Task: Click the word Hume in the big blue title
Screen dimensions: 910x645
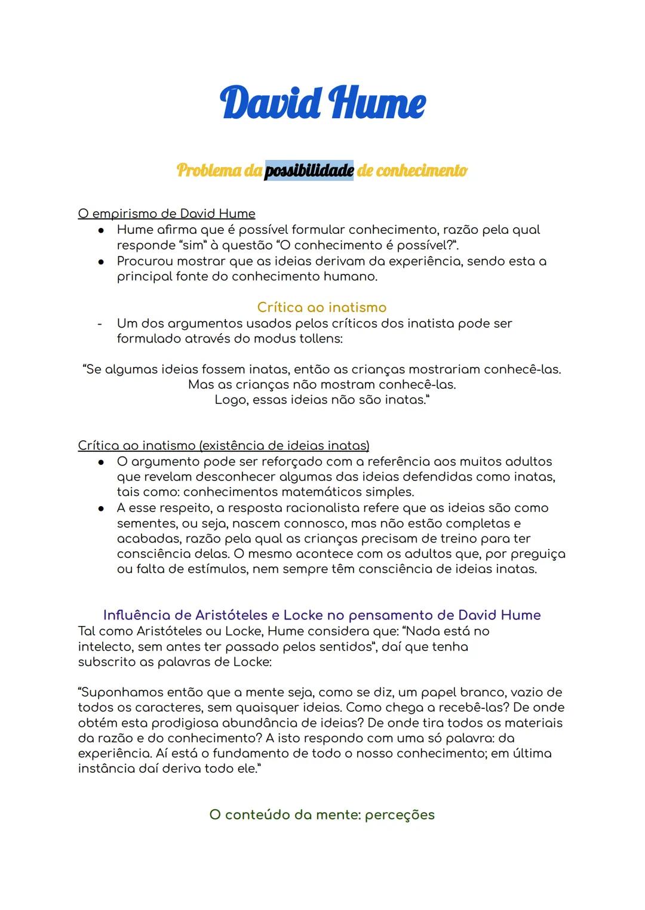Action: pyautogui.click(x=377, y=103)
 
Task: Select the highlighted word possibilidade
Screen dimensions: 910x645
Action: pyautogui.click(x=309, y=171)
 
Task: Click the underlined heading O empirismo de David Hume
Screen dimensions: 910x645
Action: pyautogui.click(x=167, y=214)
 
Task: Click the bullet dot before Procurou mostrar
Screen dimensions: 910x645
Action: pyautogui.click(x=102, y=261)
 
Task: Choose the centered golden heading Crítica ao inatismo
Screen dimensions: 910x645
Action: pyautogui.click(x=322, y=307)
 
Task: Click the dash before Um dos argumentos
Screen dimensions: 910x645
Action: pyautogui.click(x=100, y=323)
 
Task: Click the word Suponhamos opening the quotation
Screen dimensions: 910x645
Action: pyautogui.click(x=121, y=693)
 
